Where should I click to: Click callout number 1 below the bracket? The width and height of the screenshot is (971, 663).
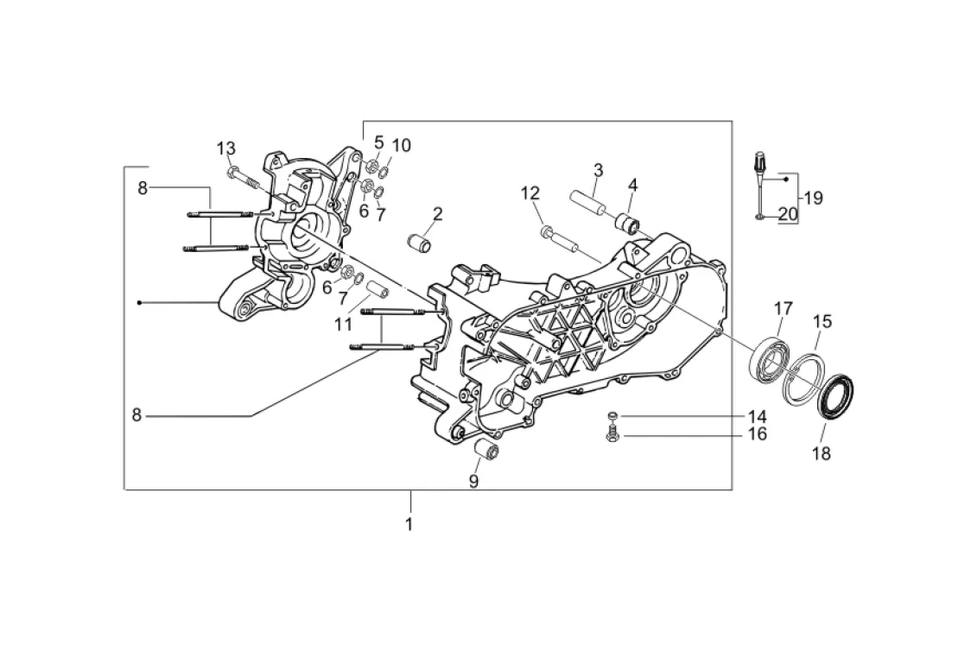pos(409,524)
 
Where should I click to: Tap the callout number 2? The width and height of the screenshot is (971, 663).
pos(438,213)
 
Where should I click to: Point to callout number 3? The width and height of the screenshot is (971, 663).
pos(598,169)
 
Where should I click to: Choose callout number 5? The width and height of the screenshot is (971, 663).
pos(378,142)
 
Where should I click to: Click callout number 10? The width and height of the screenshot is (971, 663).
pos(402,144)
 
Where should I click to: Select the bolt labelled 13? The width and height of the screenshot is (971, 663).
pos(244,179)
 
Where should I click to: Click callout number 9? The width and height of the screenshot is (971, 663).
pos(473,482)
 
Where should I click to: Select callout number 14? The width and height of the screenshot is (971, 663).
pos(757,416)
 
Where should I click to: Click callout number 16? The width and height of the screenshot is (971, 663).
pos(757,434)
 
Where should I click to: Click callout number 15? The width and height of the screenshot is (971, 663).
pos(822,322)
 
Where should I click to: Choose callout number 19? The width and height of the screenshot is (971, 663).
pos(812,198)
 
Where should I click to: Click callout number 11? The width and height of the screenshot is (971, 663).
pos(344,325)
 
